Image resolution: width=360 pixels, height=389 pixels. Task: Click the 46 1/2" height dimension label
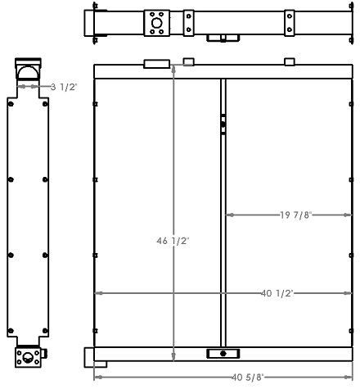[173, 242]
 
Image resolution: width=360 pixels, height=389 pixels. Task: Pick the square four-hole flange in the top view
[155, 23]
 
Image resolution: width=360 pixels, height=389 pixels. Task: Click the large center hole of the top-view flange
[155, 23]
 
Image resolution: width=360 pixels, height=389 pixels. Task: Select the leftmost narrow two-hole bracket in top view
[189, 23]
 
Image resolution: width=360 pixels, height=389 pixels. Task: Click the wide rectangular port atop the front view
[156, 63]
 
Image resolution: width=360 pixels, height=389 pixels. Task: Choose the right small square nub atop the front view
[289, 61]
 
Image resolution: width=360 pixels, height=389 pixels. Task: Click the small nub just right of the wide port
[187, 61]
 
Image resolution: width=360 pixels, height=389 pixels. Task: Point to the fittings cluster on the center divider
[223, 123]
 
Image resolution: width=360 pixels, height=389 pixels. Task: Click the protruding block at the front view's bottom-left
[89, 357]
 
